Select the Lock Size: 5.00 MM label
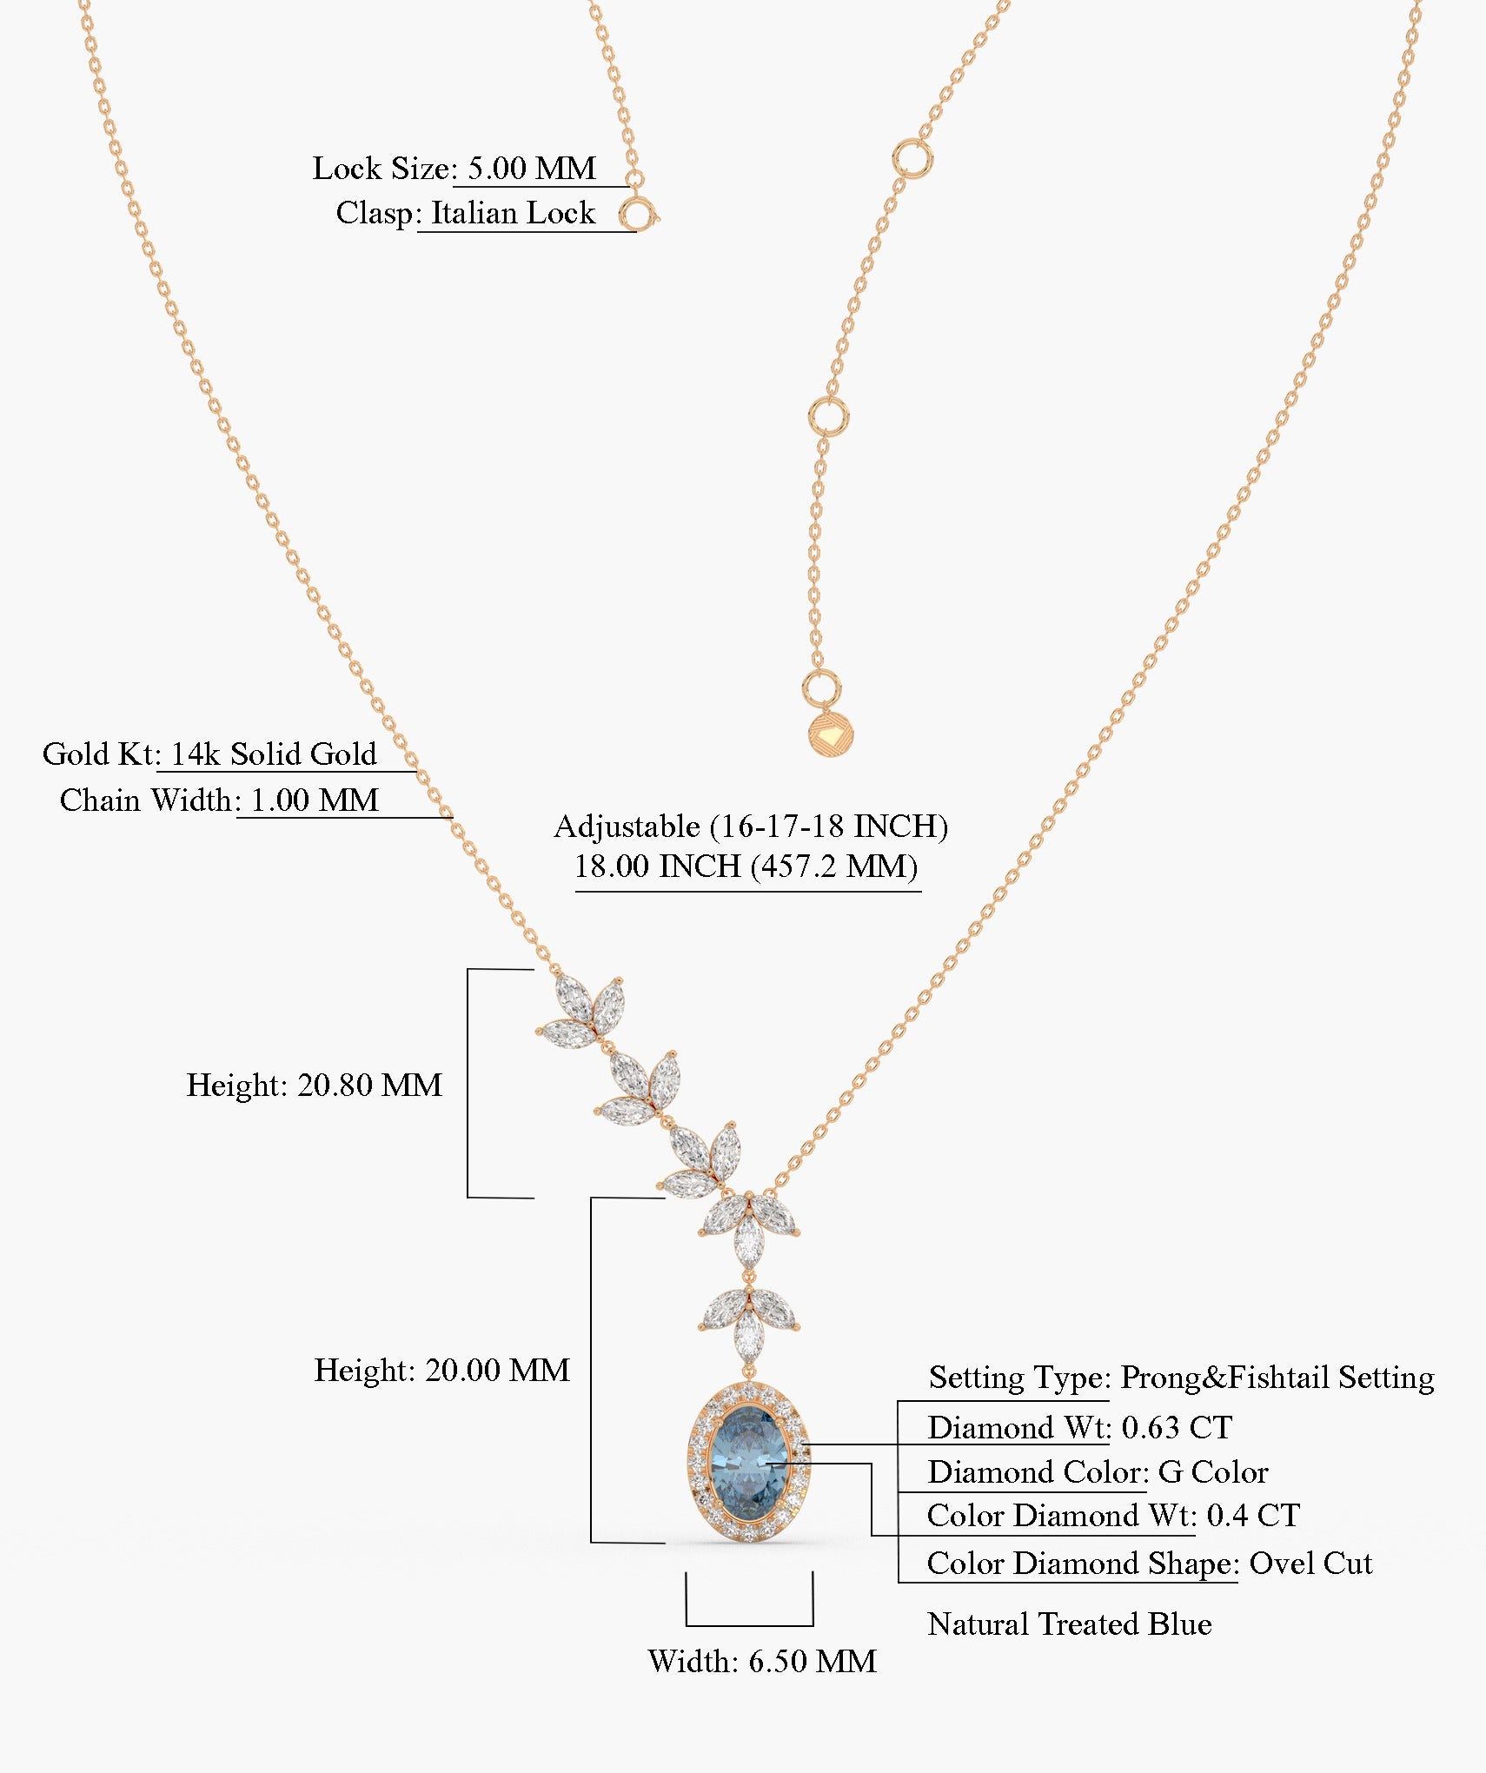454,168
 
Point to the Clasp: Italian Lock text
466,213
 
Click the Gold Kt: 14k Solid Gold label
209,754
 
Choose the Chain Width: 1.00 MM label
219,800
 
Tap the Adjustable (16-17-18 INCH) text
751,826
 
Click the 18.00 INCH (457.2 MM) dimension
746,866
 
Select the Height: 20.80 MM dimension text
314,1085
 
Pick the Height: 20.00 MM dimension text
441,1371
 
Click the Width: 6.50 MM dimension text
762,1661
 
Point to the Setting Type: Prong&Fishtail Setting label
1181,1377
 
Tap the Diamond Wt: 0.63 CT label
1079,1427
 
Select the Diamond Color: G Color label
1098,1471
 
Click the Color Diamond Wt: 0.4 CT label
1113,1515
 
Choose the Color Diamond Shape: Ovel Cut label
1149,1563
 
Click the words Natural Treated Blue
1069,1624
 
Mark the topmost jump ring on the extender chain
912,160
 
